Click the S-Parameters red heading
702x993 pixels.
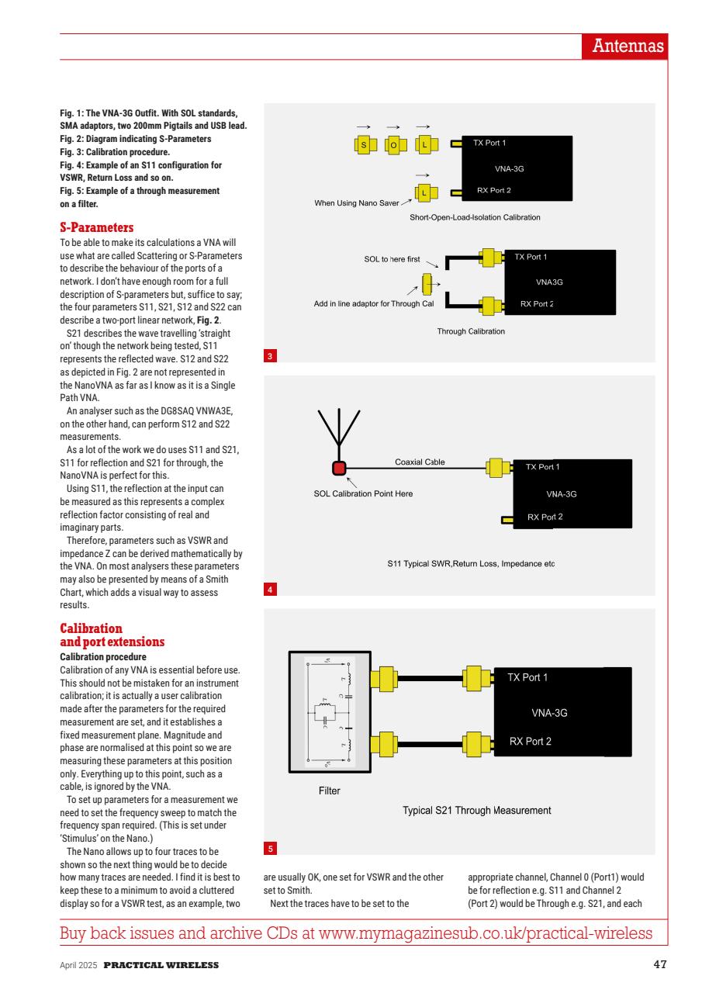[97, 228]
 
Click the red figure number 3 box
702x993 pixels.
[269, 357]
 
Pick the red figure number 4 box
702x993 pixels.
[269, 590]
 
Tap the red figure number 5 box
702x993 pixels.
[269, 849]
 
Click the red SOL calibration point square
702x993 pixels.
[339, 468]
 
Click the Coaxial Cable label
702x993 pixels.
[420, 462]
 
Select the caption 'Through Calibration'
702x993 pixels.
[471, 331]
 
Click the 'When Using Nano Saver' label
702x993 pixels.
[356, 203]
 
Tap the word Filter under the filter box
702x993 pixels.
[329, 792]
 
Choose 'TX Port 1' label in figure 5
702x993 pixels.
[527, 677]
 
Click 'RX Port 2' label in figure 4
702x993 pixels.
[545, 517]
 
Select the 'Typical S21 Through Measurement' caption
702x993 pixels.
[476, 810]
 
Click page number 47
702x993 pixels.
[655, 965]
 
